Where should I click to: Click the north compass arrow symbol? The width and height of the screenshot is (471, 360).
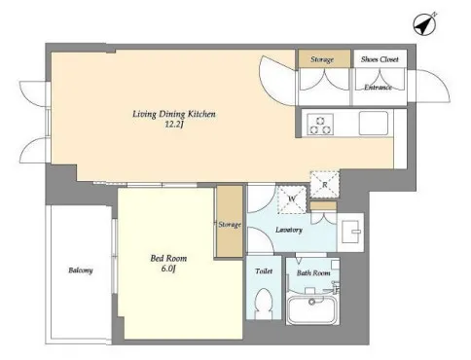point(425,24)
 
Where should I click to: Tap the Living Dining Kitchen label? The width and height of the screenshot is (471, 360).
point(174,114)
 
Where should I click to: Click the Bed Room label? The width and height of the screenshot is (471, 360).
point(168,259)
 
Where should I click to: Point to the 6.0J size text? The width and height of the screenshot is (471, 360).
point(168,269)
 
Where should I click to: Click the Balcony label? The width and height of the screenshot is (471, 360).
point(81,270)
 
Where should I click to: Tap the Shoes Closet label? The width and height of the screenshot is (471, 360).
point(380,59)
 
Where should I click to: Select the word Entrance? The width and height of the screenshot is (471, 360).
point(378,88)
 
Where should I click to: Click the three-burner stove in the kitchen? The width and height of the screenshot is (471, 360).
point(320,125)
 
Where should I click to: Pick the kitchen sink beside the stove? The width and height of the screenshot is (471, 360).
point(374,124)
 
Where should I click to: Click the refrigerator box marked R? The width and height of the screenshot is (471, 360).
point(325,184)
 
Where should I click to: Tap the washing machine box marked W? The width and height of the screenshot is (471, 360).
point(292,199)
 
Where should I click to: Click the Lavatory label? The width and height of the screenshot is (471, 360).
point(289,230)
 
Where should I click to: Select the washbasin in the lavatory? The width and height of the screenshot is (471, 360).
point(351,232)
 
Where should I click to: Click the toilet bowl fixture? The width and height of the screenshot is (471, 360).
point(264,304)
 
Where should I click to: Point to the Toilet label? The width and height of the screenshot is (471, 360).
point(264,271)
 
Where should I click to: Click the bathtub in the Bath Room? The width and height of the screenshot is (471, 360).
point(313,310)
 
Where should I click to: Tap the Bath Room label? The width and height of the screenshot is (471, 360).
point(313,273)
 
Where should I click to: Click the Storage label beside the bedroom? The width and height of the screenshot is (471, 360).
point(230,225)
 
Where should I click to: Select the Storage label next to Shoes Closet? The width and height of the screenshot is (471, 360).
point(322,59)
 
